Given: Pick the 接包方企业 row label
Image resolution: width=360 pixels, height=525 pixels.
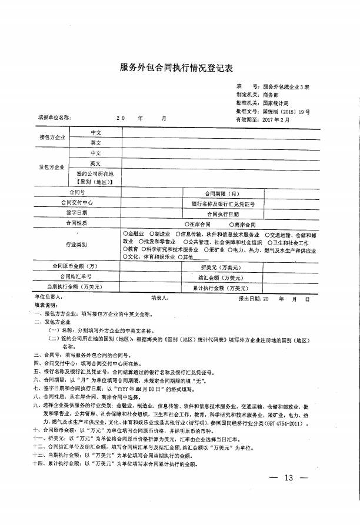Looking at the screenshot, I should click(x=52, y=137).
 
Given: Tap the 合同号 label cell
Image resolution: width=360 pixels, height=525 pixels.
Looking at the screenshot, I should click(x=78, y=192).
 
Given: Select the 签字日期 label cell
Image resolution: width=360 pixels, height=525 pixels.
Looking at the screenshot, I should click(x=77, y=213).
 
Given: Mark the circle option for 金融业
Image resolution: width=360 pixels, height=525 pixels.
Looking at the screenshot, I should click(x=125, y=234).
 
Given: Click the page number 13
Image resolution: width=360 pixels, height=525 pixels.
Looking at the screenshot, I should click(x=288, y=477).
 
